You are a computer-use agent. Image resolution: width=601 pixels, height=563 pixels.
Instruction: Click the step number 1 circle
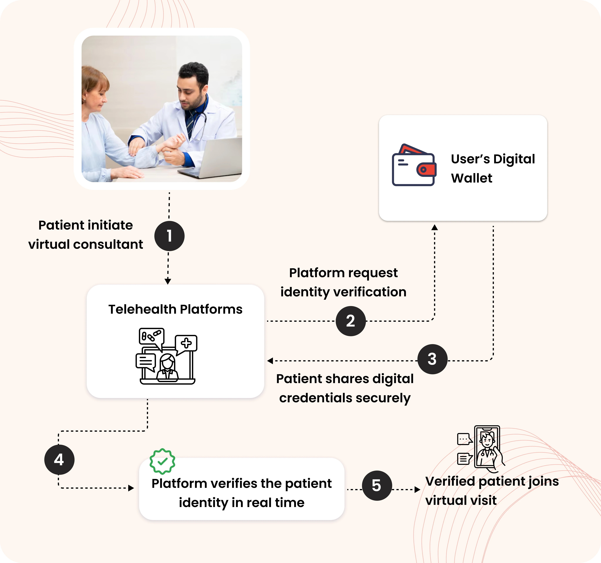[x=169, y=236]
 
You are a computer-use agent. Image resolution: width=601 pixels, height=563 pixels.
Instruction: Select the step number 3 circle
[x=432, y=359]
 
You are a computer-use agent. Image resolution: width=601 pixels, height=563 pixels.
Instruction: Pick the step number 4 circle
[x=59, y=459]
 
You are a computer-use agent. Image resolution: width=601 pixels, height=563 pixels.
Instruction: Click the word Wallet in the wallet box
[x=472, y=178]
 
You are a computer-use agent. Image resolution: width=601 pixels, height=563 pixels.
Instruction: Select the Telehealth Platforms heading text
[x=175, y=309]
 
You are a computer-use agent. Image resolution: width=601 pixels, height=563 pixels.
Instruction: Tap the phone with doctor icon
[x=484, y=448]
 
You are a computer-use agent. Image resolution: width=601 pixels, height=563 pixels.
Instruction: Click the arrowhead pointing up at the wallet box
[x=434, y=227]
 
